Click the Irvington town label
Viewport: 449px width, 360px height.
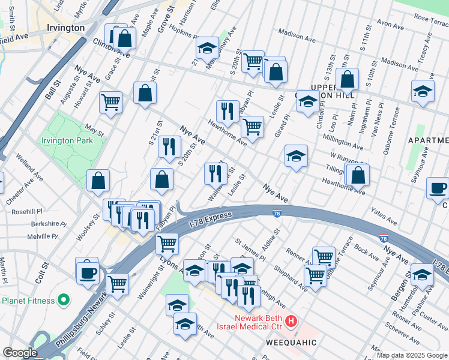65,28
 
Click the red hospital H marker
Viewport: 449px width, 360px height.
291,322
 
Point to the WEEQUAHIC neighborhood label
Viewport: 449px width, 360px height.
291,342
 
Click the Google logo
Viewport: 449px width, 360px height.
20,353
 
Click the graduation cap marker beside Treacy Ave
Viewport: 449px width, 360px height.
423,92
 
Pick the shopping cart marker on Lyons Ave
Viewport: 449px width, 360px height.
167,244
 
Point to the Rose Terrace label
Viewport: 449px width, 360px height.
432,20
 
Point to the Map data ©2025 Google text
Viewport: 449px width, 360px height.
412,355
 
